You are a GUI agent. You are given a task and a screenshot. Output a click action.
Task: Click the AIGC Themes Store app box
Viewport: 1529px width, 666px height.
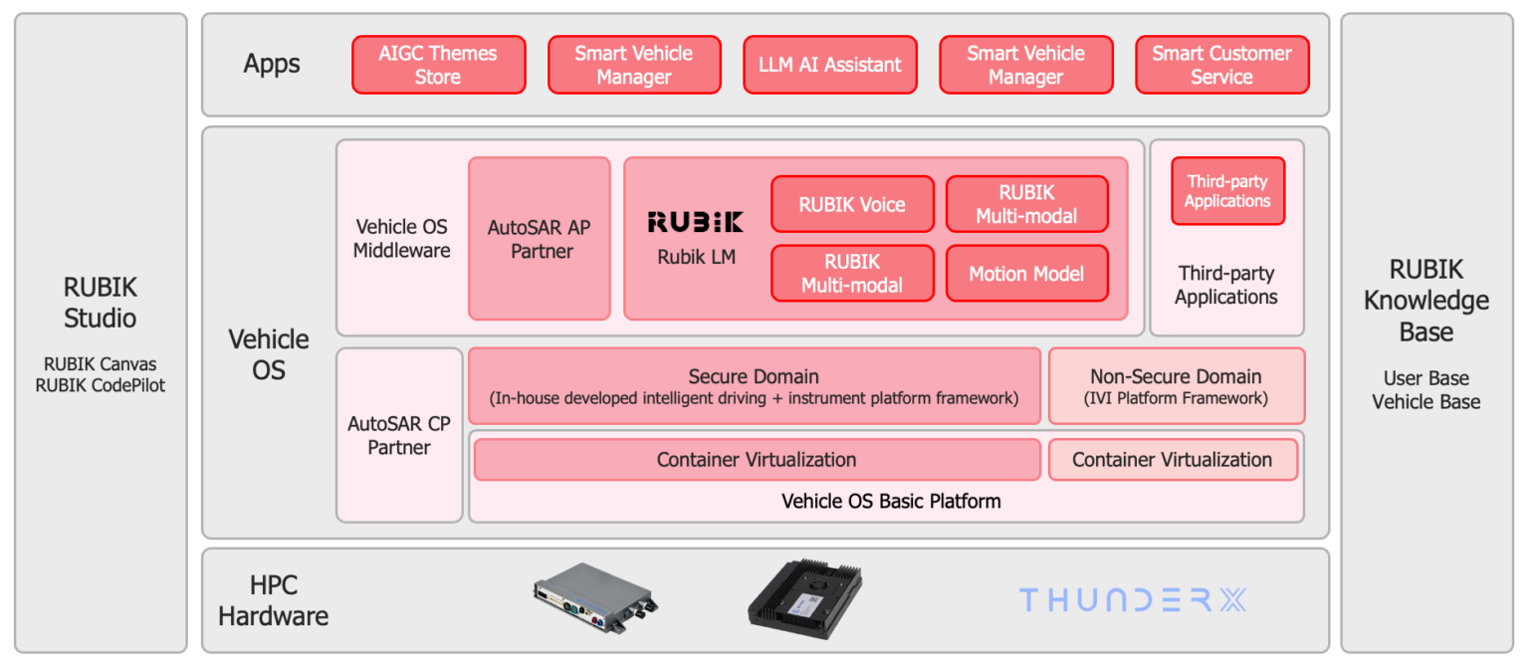pos(438,65)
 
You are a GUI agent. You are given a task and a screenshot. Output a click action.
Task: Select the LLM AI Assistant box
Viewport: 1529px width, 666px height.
pos(829,65)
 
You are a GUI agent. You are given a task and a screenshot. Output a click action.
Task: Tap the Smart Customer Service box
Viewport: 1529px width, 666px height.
pos(1221,65)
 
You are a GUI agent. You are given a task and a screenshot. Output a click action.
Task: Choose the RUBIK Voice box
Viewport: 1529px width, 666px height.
pos(852,204)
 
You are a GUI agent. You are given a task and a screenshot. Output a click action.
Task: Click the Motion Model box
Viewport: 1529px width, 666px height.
pos(1026,274)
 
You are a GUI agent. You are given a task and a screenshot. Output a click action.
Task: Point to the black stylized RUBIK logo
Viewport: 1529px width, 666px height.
pos(695,221)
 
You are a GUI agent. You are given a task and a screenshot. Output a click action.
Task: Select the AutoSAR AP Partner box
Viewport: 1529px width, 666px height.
pos(539,239)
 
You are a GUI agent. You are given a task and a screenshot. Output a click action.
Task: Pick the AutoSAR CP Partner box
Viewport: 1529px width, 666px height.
pos(399,435)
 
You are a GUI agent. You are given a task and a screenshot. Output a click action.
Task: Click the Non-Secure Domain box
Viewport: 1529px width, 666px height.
pos(1176,386)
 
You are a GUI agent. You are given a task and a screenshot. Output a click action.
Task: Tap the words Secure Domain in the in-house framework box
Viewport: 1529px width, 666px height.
pos(754,376)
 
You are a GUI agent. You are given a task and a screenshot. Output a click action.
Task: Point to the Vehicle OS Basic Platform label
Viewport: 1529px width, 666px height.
pos(891,501)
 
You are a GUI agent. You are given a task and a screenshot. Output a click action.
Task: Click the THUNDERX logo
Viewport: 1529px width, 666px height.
pos(1132,599)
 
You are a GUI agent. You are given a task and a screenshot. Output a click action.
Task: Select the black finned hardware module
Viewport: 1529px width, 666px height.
pos(804,598)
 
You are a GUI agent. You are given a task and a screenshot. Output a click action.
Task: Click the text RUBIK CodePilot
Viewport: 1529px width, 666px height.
pos(101,385)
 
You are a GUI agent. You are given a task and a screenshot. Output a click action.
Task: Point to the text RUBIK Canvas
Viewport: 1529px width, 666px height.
pos(101,363)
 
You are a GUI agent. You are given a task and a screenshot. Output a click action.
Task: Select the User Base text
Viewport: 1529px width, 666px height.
pos(1425,378)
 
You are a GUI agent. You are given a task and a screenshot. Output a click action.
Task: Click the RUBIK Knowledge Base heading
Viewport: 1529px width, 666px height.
pos(1425,301)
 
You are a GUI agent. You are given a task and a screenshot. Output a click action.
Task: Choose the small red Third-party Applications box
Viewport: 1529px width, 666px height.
pos(1227,191)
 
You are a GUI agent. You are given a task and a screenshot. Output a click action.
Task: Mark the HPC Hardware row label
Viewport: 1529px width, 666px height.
pos(273,600)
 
